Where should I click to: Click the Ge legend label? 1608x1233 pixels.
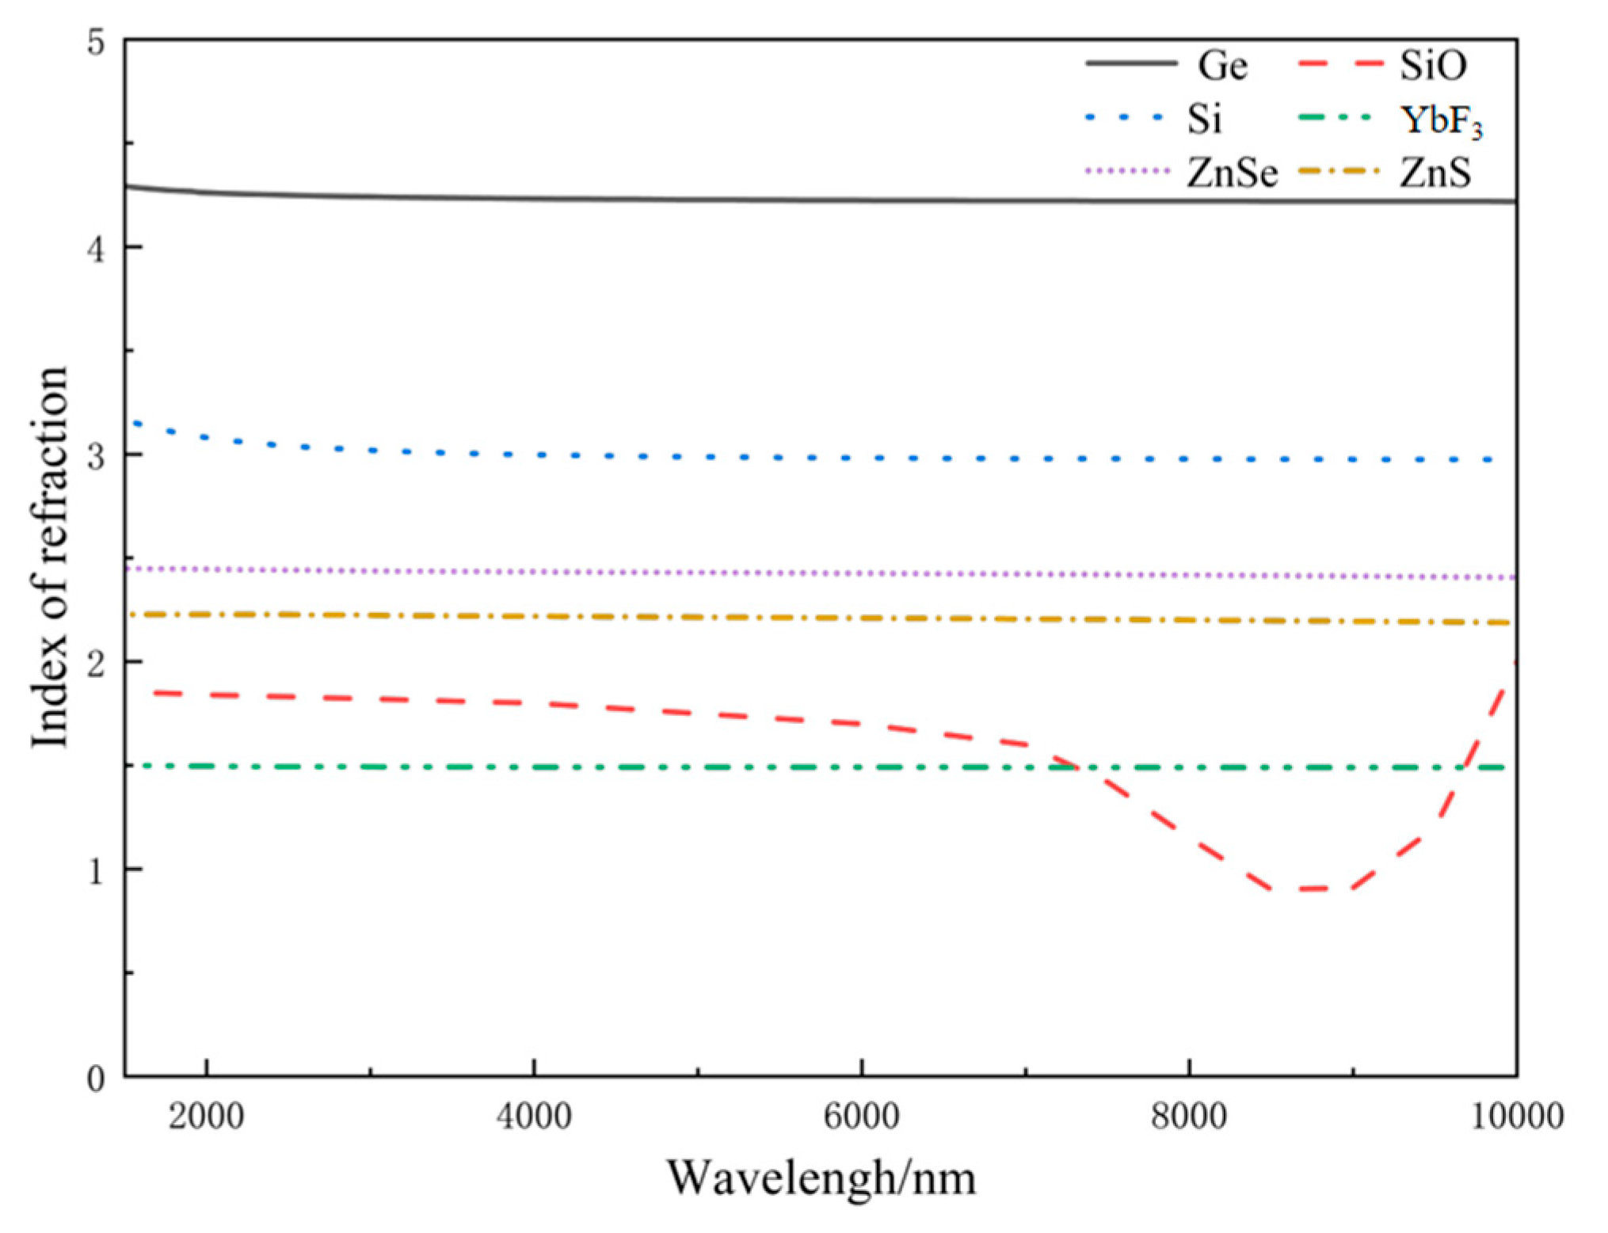pyautogui.click(x=1221, y=66)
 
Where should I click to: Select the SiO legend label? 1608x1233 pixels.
pyautogui.click(x=1432, y=66)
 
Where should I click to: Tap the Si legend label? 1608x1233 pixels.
pyautogui.click(x=1204, y=119)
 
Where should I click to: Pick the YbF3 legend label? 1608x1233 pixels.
pyautogui.click(x=1440, y=121)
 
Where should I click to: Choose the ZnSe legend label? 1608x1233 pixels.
pyautogui.click(x=1231, y=173)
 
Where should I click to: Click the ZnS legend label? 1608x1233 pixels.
pyautogui.click(x=1435, y=173)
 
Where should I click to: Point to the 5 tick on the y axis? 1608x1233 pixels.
pyautogui.click(x=96, y=42)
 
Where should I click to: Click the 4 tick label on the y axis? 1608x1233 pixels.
pyautogui.click(x=96, y=249)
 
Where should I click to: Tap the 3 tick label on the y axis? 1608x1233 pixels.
pyautogui.click(x=96, y=456)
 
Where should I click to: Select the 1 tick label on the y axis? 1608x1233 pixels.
pyautogui.click(x=96, y=870)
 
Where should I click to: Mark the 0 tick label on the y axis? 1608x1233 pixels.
pyautogui.click(x=96, y=1078)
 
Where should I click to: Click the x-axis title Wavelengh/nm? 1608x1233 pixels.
pyautogui.click(x=821, y=1178)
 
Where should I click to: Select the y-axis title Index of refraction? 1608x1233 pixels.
pyautogui.click(x=49, y=557)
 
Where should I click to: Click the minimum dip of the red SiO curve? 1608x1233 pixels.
pyautogui.click(x=1311, y=889)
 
